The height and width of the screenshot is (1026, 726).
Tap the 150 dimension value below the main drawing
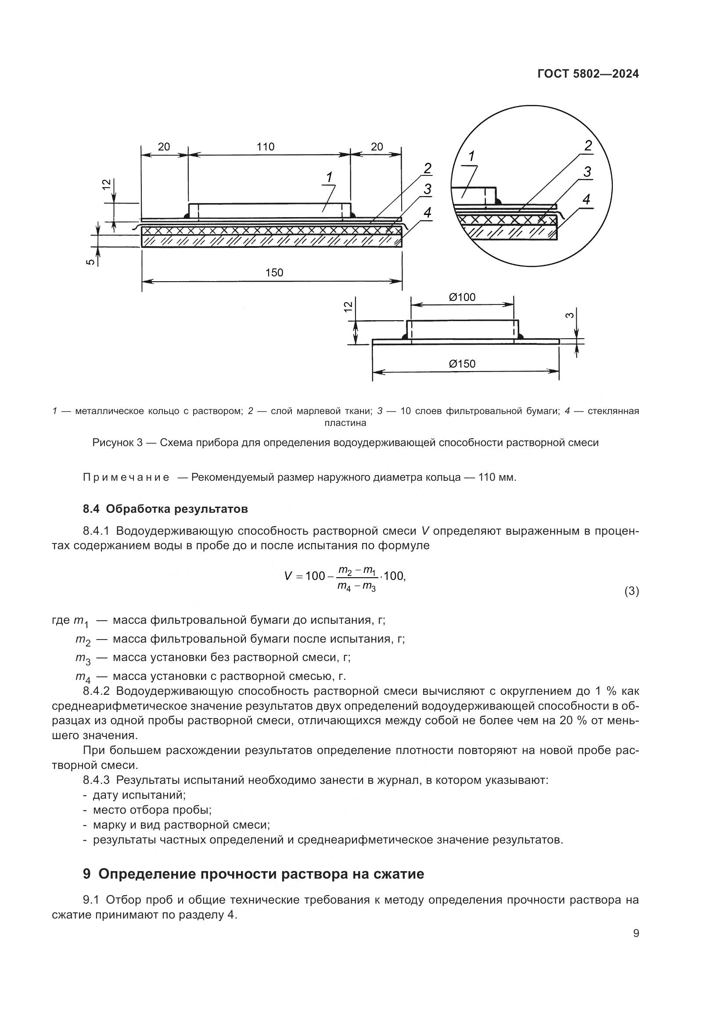click(x=274, y=272)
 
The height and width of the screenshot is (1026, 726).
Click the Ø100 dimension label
click(x=462, y=297)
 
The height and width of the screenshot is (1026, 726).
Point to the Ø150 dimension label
click(x=462, y=364)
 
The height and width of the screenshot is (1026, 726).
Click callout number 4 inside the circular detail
click(x=586, y=199)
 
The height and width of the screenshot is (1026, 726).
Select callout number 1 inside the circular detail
click(x=471, y=157)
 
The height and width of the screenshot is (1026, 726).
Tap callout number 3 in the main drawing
click(x=428, y=189)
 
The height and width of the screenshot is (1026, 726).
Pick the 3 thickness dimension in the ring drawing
click(x=570, y=315)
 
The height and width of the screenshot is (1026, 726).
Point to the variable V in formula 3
click(x=288, y=576)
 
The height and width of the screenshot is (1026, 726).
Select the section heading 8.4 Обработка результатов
click(x=165, y=508)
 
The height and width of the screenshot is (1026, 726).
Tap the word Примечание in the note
click(x=126, y=477)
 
